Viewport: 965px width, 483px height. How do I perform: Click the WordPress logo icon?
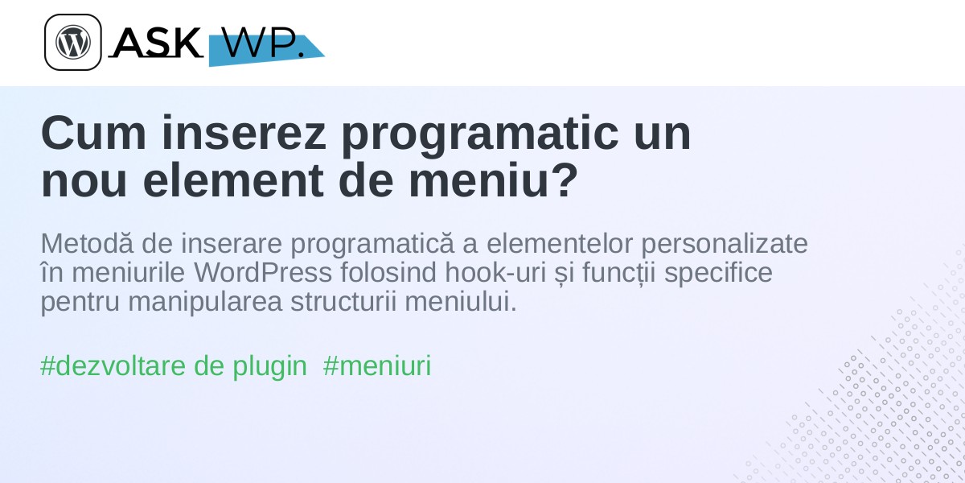coord(73,42)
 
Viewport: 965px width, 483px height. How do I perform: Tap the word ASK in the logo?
coord(156,42)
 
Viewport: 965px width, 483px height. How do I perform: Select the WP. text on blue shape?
coord(262,42)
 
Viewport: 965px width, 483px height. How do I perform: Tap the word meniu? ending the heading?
coord(493,180)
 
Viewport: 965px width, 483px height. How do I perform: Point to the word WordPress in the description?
coord(263,273)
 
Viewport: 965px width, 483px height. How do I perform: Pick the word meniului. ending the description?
coord(461,301)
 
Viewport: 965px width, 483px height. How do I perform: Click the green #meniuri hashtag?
coord(377,366)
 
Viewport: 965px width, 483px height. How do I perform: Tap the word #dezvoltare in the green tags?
coord(113,366)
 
